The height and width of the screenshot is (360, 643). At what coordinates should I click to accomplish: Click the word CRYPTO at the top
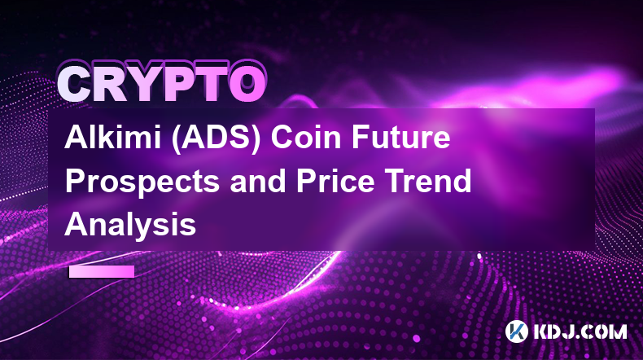coord(162,84)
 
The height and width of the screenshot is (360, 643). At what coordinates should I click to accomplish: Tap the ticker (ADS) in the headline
coord(217,138)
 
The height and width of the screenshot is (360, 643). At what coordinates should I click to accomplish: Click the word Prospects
coord(142,182)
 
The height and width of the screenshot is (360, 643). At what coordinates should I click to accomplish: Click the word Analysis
coord(130,226)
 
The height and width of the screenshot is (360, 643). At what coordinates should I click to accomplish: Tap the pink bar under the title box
coord(102,272)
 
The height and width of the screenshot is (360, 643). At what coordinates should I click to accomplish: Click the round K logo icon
coord(517,331)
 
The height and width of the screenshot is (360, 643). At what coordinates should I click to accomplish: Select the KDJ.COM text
coord(580,331)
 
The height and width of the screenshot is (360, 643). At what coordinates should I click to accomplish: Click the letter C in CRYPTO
coord(75,85)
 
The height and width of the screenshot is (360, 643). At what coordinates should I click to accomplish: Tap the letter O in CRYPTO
coord(247,85)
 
